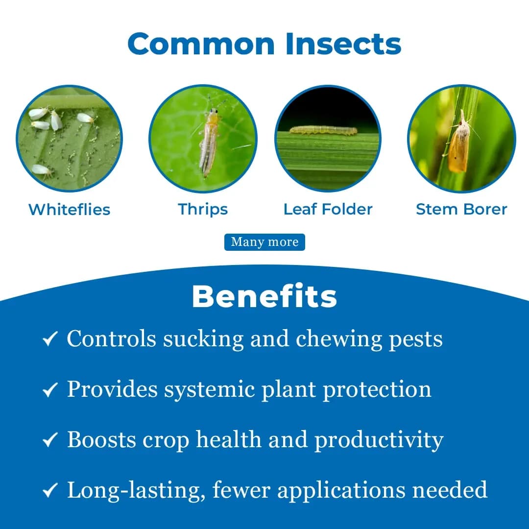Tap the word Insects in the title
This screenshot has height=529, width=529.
pos(343,44)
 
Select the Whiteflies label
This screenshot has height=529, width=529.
pos(69,209)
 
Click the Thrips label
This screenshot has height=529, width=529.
pos(203,209)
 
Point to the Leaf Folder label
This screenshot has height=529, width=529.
pos(328,209)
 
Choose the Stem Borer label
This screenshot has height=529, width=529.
pos(461,209)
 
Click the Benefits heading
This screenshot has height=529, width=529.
pos(264,296)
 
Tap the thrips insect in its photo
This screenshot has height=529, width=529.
pos(210,142)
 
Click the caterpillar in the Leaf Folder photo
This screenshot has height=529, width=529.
pos(323,130)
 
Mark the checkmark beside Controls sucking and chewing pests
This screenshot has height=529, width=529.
pos(50,339)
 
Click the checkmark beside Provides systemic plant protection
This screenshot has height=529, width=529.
pos(50,390)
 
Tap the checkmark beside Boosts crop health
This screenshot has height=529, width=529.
pos(50,440)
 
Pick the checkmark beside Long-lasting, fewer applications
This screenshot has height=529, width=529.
pos(50,490)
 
